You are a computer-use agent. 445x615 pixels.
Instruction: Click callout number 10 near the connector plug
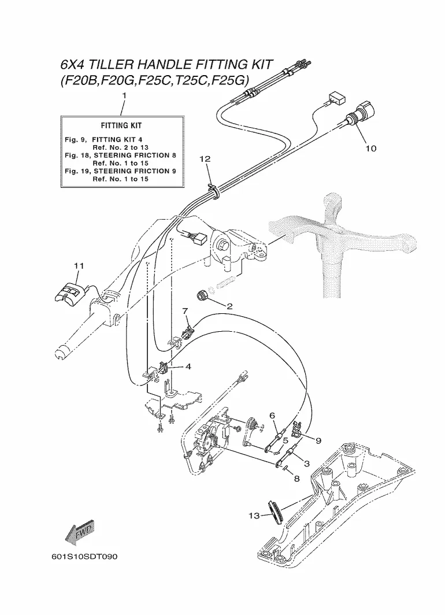pyautogui.click(x=370, y=148)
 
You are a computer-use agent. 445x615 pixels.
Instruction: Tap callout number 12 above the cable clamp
pyautogui.click(x=205, y=158)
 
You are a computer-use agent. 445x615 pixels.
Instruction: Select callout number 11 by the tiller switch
pyautogui.click(x=79, y=266)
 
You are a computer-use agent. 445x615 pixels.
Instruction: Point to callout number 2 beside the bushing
pyautogui.click(x=229, y=306)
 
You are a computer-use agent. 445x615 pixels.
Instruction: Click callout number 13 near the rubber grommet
pyautogui.click(x=254, y=516)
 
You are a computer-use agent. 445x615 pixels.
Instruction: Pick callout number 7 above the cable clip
pyautogui.click(x=185, y=310)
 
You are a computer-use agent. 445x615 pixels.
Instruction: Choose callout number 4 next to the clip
pyautogui.click(x=188, y=366)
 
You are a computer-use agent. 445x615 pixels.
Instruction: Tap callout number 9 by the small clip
pyautogui.click(x=318, y=441)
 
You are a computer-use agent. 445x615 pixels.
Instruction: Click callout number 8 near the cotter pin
pyautogui.click(x=296, y=479)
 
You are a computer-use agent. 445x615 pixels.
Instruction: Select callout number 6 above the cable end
pyautogui.click(x=272, y=416)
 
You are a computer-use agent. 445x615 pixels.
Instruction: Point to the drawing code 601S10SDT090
pyautogui.click(x=84, y=557)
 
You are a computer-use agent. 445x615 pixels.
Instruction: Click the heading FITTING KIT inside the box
pyautogui.click(x=121, y=125)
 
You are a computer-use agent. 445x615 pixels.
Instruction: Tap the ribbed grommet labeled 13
pyautogui.click(x=275, y=512)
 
